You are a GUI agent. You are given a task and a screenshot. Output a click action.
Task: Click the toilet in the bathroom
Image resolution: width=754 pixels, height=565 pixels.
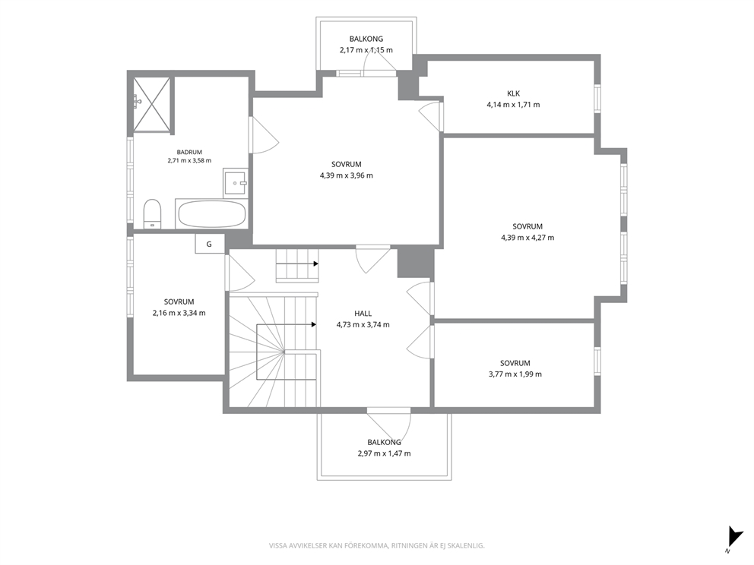click(x=153, y=214)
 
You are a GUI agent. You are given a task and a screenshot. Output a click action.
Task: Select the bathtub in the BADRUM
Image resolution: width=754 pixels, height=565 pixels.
click(x=211, y=214)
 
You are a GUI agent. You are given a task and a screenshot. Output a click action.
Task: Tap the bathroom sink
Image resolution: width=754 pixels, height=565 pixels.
click(x=235, y=182)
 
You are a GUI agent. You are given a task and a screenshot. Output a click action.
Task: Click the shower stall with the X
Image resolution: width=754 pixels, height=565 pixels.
click(x=152, y=104)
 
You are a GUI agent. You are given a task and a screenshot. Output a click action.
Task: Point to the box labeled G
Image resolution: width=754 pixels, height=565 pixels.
click(x=210, y=244)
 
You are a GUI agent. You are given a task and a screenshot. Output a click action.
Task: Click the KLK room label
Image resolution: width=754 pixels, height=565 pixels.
click(x=513, y=93)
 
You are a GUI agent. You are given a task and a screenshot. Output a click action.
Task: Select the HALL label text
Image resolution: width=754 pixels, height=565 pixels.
click(x=363, y=313)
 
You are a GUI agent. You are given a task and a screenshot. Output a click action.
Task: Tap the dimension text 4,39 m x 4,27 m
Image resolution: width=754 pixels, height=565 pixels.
click(x=527, y=238)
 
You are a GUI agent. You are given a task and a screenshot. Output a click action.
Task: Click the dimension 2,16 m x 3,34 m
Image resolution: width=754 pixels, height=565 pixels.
click(x=179, y=313)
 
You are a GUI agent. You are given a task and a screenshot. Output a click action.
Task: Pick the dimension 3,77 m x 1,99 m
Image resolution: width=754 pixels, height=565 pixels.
click(x=515, y=374)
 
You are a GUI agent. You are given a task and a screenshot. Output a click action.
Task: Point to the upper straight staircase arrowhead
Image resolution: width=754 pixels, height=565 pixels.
click(x=315, y=264)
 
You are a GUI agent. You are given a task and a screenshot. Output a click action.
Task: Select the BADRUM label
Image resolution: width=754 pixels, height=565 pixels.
click(x=189, y=153)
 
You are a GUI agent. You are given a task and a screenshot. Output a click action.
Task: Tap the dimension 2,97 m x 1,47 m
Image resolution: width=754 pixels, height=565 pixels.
click(x=384, y=453)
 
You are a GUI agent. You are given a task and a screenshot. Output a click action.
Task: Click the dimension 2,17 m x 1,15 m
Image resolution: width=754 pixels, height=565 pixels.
click(x=366, y=50)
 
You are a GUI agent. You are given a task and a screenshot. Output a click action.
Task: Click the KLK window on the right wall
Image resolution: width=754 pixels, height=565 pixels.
click(x=597, y=99)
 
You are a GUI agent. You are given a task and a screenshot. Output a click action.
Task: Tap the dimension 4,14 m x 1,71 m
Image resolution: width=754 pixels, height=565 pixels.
click(x=513, y=104)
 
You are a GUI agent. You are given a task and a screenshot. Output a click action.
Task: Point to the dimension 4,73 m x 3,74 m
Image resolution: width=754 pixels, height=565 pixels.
click(x=363, y=324)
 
